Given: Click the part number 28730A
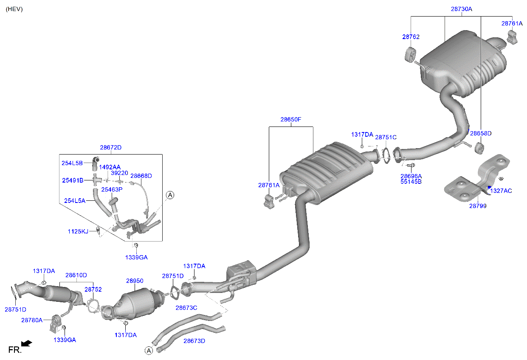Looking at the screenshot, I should coord(461,8).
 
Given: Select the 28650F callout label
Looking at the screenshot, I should coord(290,119).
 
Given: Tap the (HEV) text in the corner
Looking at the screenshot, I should coord(14,9).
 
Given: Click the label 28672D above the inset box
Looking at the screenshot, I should coord(110,147).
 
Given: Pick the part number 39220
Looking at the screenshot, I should coord(119,173).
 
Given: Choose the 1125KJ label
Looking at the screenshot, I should coord(78,231).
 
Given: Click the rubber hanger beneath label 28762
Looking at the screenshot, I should coord(410,55).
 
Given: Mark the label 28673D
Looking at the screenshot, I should coord(194,340).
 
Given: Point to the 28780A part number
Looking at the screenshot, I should coord(32,320).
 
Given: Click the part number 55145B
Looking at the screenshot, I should coord(411,182).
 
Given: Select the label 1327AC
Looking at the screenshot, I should coord(501,191).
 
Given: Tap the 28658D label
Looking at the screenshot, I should coord(480,133).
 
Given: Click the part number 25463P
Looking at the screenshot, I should coord(112,189).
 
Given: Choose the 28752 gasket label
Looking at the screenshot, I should coord(93,289).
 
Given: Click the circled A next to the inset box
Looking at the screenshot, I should coord(170,195).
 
